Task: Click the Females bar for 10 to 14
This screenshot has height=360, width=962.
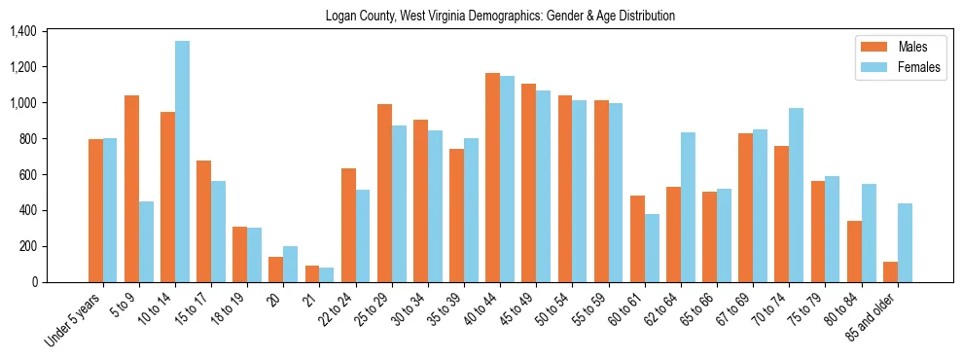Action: click(x=183, y=162)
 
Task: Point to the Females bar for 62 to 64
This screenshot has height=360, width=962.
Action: click(x=689, y=207)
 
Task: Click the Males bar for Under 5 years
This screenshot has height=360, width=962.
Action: click(x=96, y=210)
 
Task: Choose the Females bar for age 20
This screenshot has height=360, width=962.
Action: click(x=291, y=264)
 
